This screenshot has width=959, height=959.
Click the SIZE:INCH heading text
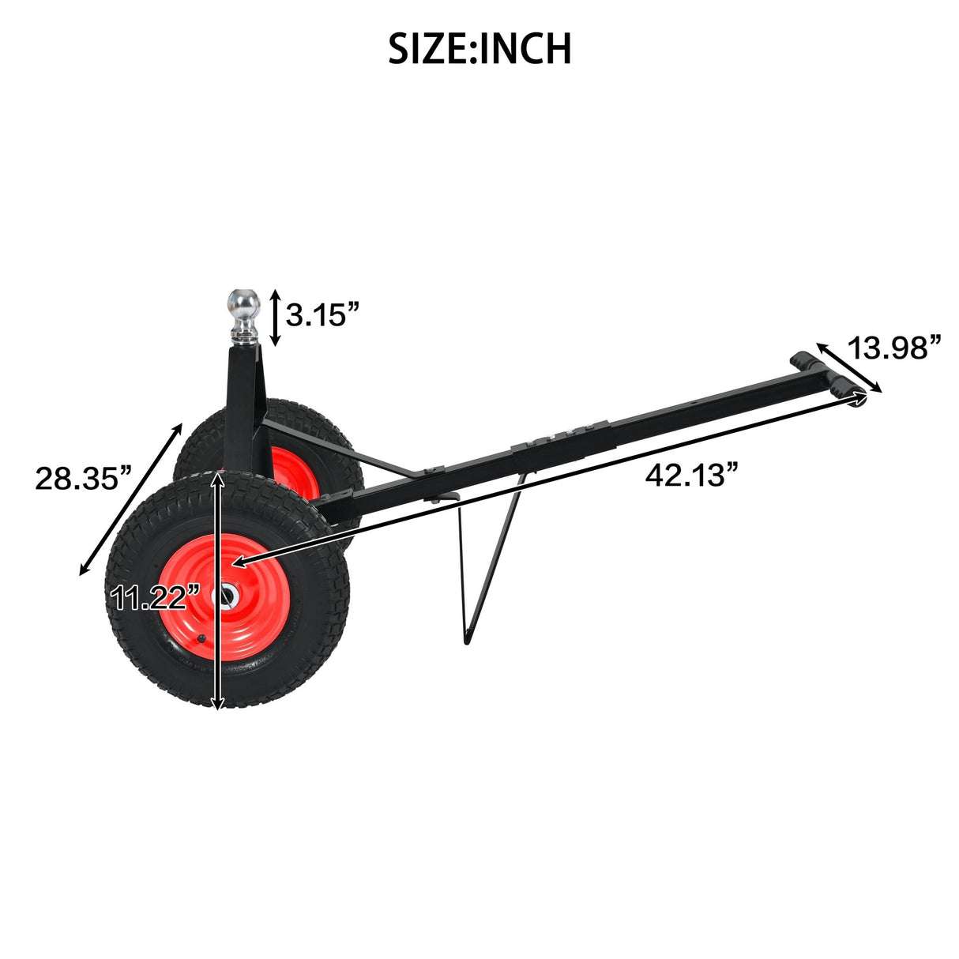click(x=479, y=49)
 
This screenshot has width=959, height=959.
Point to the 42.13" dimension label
click(x=692, y=476)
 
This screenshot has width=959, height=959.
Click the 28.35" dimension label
click(x=82, y=478)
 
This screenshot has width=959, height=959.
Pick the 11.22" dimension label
click(x=150, y=598)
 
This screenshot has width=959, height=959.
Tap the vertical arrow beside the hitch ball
click(x=275, y=317)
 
